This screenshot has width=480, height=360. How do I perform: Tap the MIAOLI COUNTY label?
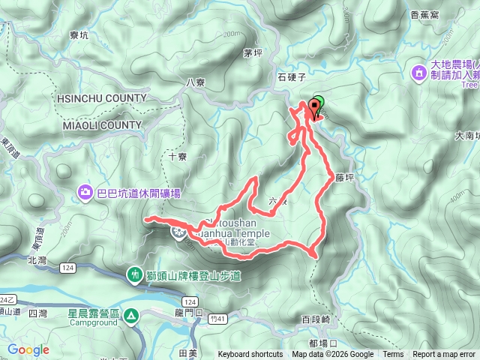point(98,124)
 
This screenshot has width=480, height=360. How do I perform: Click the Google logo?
point(28,349)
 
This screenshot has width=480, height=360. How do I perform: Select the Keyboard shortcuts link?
point(250,355)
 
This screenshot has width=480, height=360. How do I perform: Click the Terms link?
point(392,355)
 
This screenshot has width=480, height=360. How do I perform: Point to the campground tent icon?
point(131,316)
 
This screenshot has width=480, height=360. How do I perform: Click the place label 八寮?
point(195,82)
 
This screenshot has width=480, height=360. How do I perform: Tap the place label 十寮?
point(177,157)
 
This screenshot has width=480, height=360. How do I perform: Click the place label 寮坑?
point(78,34)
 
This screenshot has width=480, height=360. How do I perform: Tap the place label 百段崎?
point(315,319)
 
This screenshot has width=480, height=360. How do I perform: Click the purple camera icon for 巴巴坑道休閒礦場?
point(85,193)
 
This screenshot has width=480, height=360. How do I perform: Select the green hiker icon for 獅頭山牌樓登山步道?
point(135,276)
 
